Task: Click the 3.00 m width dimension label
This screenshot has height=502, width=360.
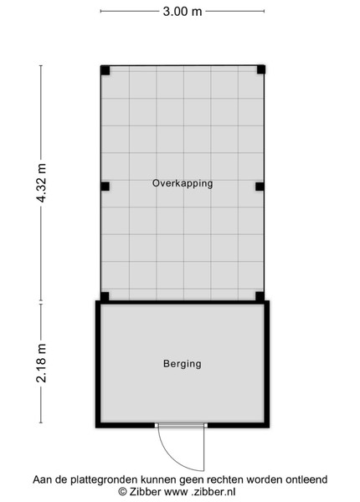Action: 183,12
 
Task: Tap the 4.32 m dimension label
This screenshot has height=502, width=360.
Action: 41,182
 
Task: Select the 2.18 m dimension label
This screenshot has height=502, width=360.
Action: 41,363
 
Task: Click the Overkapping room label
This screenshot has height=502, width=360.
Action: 183,183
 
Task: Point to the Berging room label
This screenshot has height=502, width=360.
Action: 183,364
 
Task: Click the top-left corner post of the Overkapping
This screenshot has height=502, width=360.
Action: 105,70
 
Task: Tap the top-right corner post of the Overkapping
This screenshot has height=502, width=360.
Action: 260,69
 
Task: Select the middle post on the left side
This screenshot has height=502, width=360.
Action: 105,187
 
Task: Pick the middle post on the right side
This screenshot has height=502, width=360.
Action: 260,187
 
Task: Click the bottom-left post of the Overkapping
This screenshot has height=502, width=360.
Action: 105,296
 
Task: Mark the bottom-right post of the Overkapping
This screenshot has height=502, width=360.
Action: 260,296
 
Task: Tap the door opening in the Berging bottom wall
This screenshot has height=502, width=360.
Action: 182,425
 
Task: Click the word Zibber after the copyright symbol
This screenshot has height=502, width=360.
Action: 145,491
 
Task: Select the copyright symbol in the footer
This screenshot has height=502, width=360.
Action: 122,492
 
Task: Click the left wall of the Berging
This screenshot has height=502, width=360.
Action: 98,364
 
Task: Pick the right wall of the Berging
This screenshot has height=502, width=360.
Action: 267,364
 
